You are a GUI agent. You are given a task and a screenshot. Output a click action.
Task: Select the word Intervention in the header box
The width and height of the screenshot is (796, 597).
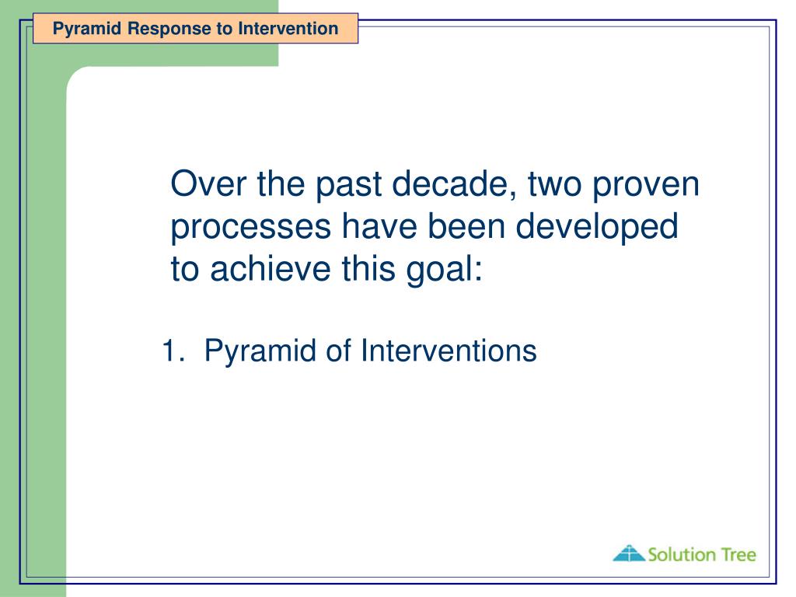click(x=288, y=29)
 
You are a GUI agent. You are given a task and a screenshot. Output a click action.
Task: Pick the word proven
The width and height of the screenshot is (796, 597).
click(x=646, y=185)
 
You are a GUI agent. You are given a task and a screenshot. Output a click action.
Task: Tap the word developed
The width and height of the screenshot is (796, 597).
click(x=597, y=227)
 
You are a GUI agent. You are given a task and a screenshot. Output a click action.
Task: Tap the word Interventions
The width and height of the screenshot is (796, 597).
click(x=449, y=351)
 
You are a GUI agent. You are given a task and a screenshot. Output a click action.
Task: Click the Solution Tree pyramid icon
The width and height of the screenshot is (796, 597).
click(x=629, y=553)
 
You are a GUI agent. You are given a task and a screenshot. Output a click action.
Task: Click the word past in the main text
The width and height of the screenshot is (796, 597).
click(x=348, y=185)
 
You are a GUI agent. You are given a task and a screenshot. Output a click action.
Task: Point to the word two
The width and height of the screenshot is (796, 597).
click(x=555, y=184)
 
